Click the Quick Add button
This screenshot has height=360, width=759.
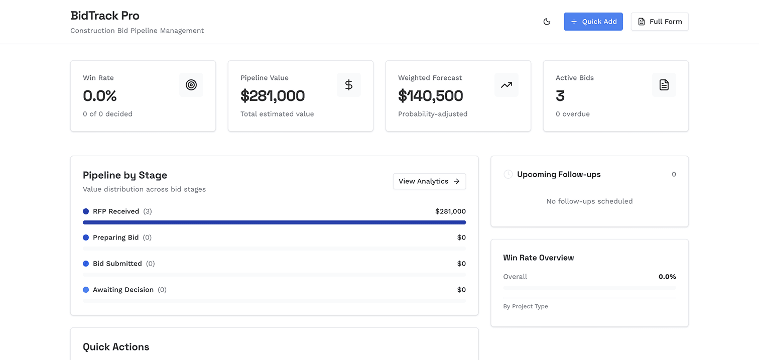pos(593,22)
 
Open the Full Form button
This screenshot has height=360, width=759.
pos(660,22)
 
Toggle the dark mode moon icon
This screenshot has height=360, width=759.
pos(547,22)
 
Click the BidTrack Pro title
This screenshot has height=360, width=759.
pos(105,16)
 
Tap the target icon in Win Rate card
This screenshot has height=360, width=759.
pos(191,85)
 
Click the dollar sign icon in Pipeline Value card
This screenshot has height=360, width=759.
pos(349,85)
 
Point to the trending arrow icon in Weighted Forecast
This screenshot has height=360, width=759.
pos(507,85)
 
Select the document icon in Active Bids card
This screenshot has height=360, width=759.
pos(664,85)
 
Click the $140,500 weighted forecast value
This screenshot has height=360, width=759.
pos(431,95)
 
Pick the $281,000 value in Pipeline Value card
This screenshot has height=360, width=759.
pos(273,95)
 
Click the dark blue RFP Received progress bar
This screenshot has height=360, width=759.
pos(274,222)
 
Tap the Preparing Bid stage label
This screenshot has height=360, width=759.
pos(115,237)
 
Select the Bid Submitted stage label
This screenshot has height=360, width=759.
pos(117,264)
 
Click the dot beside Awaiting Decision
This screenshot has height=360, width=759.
pos(86,290)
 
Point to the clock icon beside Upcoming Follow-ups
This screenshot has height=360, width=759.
pos(508,174)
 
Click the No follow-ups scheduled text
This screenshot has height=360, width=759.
pos(589,201)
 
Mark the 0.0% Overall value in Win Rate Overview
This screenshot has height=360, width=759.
pos(667,277)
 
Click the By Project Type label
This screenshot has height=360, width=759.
pos(526,306)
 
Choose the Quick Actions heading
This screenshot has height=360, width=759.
pos(116,347)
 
